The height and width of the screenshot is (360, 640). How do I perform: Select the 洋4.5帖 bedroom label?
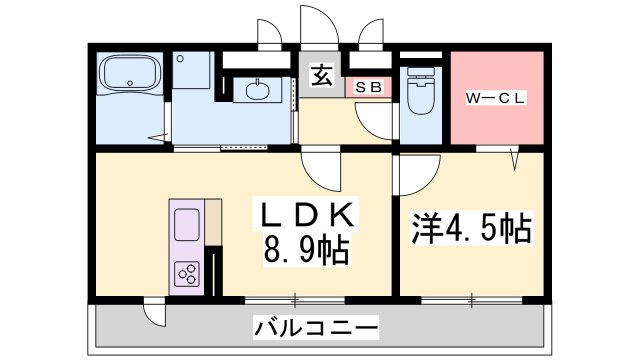(470, 229)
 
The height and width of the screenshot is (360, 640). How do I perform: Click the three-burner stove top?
(187, 271)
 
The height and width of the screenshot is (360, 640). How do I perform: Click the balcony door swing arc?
(153, 312)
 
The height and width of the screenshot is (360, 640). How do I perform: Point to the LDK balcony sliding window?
(296, 298)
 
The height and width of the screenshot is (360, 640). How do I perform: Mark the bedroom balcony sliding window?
(471, 298)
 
